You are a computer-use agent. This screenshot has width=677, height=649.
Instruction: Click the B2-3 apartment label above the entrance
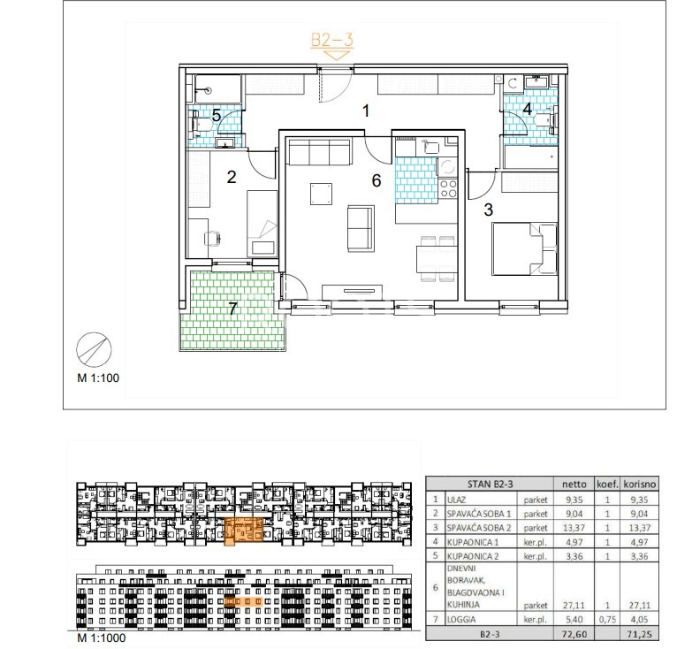pyautogui.click(x=332, y=40)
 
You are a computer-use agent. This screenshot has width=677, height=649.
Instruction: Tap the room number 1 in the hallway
pyautogui.click(x=366, y=111)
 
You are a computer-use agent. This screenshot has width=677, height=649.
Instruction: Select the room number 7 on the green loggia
pyautogui.click(x=232, y=309)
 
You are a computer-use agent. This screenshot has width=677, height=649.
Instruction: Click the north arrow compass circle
pyautogui.click(x=94, y=349)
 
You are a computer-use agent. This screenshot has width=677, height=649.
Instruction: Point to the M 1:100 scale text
pyautogui.click(x=98, y=378)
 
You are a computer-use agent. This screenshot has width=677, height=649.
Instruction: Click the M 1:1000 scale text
pyautogui.click(x=102, y=638)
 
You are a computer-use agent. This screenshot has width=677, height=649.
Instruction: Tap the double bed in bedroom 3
pyautogui.click(x=525, y=248)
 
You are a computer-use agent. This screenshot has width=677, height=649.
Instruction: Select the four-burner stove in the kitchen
pyautogui.click(x=448, y=189)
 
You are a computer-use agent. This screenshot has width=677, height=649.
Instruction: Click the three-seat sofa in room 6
pyautogui.click(x=319, y=152)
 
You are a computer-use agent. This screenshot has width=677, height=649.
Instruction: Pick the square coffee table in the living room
pyautogui.click(x=321, y=194)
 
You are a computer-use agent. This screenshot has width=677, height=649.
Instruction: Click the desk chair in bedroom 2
pyautogui.click(x=213, y=238)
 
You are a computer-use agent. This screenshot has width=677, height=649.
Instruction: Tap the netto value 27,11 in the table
pyautogui.click(x=574, y=606)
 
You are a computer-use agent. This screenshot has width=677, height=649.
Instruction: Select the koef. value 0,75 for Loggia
pyautogui.click(x=607, y=619)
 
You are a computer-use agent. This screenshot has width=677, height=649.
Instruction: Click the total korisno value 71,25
pyautogui.click(x=639, y=634)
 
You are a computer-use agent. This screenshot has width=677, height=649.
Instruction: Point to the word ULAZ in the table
pyautogui.click(x=457, y=500)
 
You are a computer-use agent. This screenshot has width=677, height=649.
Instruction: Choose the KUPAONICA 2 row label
pyautogui.click(x=473, y=556)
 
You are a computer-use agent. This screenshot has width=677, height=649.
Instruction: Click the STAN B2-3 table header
pyautogui.click(x=490, y=484)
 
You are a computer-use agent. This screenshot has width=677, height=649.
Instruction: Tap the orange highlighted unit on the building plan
pyautogui.click(x=244, y=531)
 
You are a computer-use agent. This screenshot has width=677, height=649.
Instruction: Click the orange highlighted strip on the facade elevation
pyautogui.click(x=244, y=601)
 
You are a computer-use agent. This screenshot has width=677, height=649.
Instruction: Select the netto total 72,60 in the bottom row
pyautogui.click(x=574, y=634)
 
